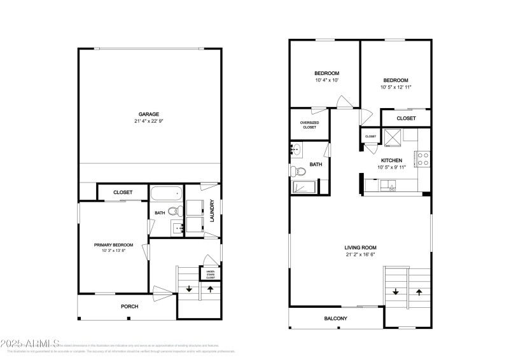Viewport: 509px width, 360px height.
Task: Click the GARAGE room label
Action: click(150, 114)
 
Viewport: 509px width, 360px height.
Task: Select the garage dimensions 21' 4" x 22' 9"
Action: click(150, 121)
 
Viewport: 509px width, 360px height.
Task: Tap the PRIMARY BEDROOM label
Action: click(113, 245)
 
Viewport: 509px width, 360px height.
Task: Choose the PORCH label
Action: click(130, 307)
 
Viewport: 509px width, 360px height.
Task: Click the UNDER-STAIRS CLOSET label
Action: click(211, 273)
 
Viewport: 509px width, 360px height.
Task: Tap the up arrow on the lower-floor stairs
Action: click(211, 289)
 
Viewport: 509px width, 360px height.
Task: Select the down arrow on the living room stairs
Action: click(396, 292)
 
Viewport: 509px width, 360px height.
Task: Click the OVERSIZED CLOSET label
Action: click(310, 125)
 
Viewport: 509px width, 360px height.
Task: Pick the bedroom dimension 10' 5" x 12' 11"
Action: click(396, 87)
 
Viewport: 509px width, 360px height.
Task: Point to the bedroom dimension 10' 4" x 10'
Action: click(326, 80)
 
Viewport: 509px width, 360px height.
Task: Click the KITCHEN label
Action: click(391, 160)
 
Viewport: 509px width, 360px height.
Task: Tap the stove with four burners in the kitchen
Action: click(423, 158)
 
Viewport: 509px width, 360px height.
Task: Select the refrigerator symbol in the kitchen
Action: click(392, 135)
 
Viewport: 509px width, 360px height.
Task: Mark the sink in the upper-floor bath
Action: click(296, 151)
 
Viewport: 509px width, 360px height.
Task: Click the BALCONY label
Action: click(336, 318)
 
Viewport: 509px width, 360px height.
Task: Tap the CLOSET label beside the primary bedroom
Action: click(123, 192)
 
